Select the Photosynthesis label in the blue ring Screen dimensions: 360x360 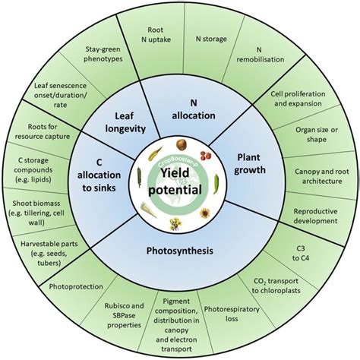click(180, 250)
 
